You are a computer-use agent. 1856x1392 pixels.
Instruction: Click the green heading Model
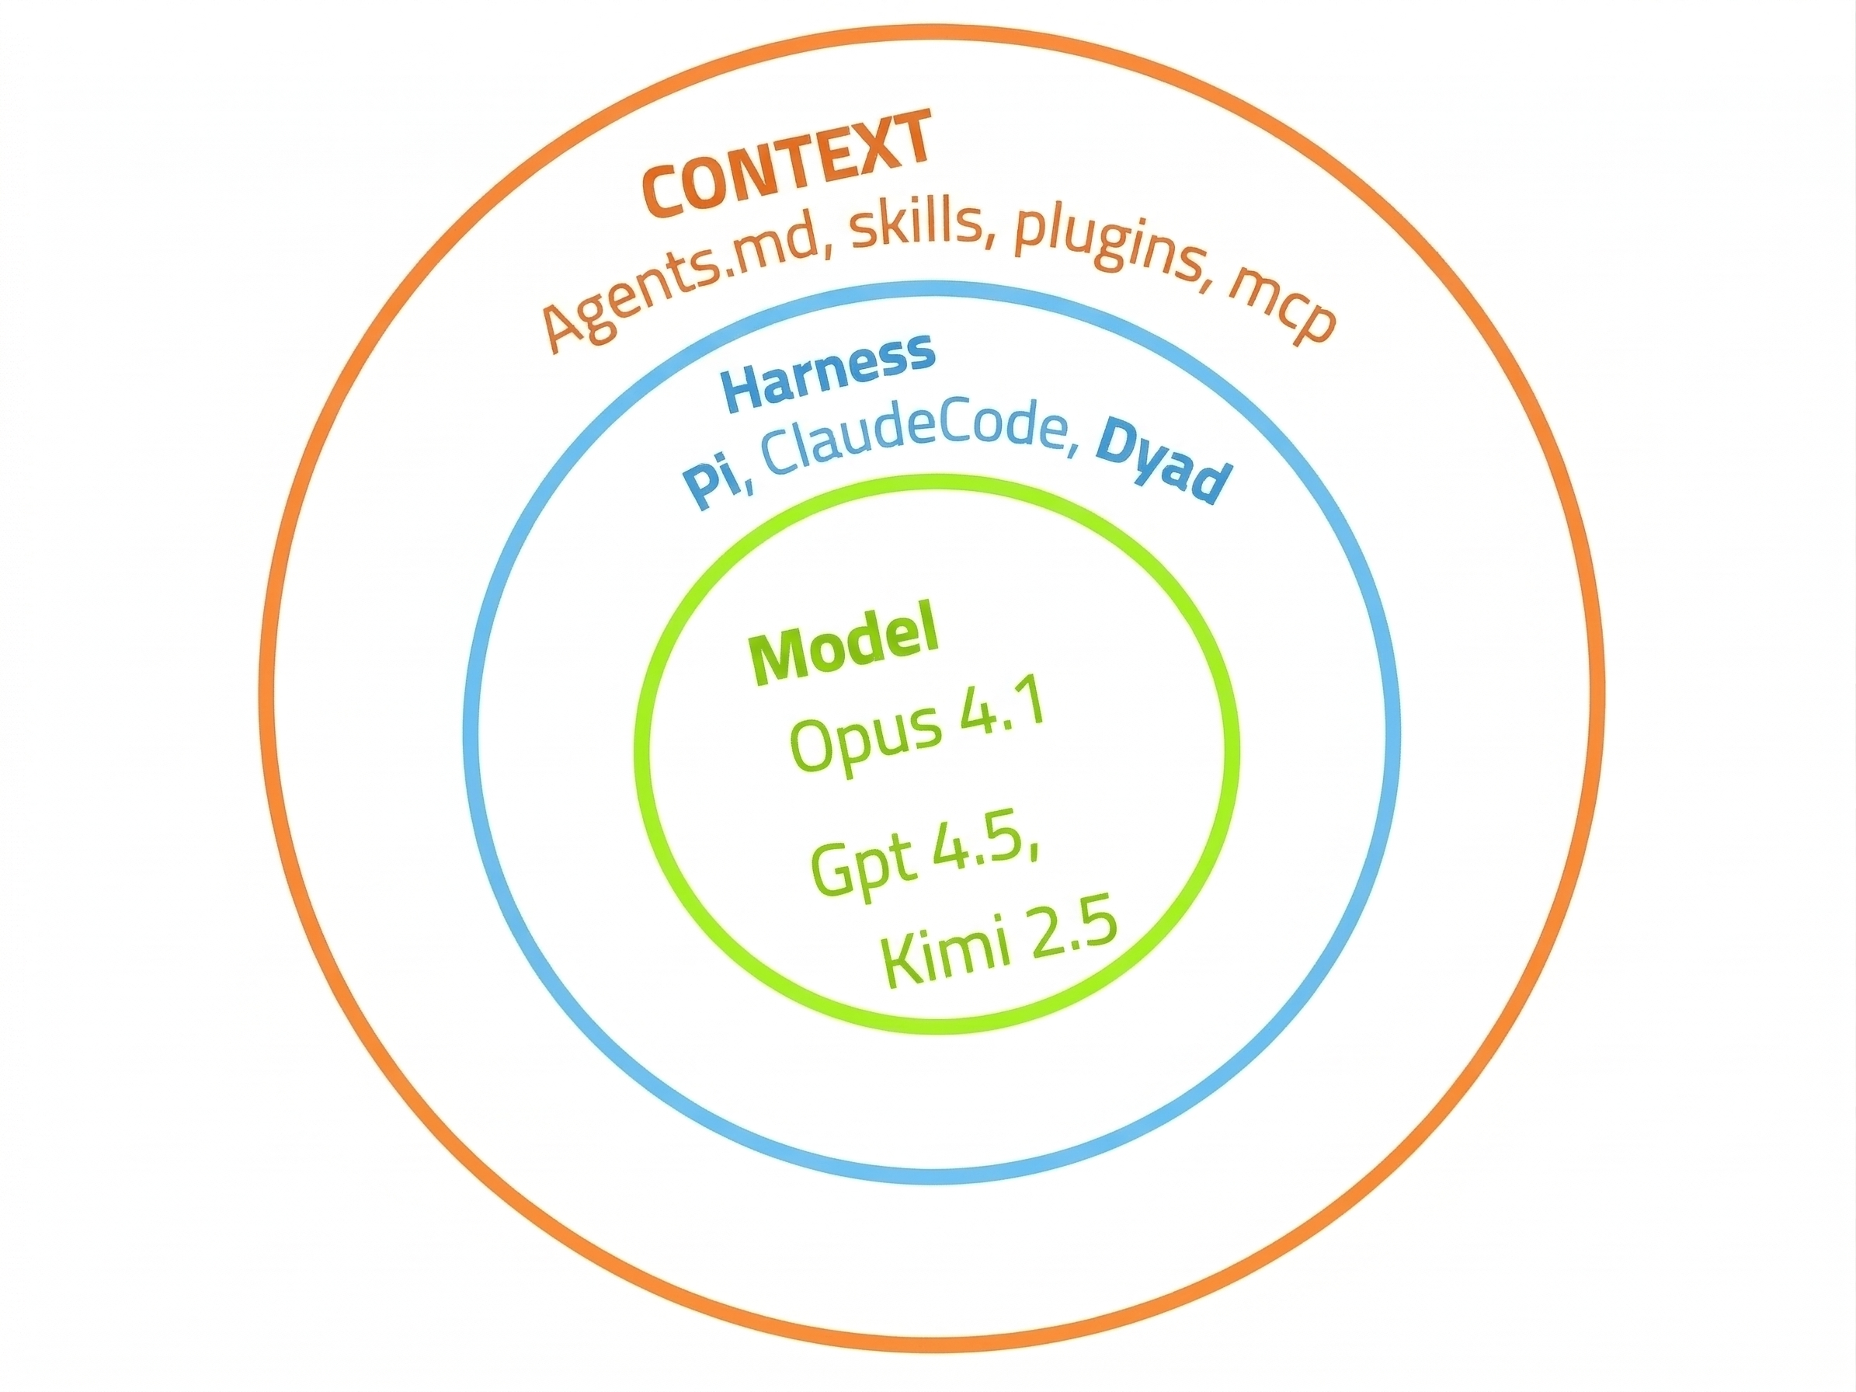[844, 650]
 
